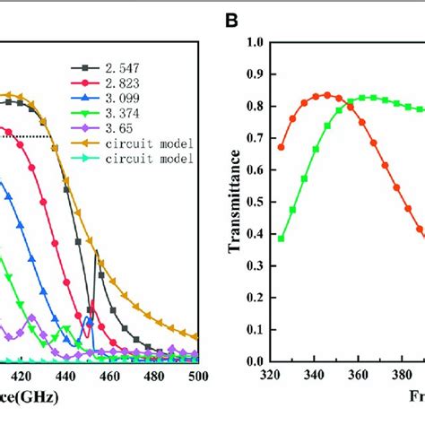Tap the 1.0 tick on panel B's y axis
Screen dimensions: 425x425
point(255,42)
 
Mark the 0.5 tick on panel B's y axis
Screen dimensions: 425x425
point(255,202)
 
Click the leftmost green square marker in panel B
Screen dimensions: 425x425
point(282,239)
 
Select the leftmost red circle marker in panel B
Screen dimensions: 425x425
point(282,147)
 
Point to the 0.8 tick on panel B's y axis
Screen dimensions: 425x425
point(255,106)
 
